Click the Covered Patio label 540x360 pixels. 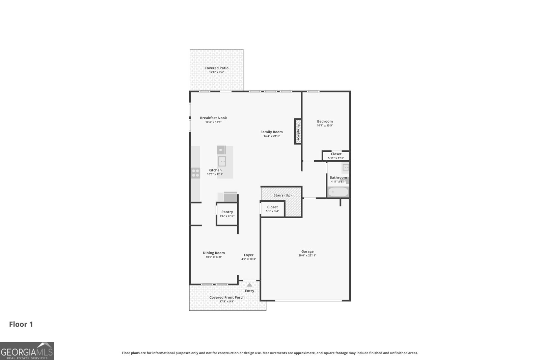point(216,68)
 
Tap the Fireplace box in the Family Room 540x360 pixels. point(298,132)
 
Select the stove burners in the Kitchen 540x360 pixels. point(195,173)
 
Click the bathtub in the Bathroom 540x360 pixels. point(338,192)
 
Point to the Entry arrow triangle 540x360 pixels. point(249,285)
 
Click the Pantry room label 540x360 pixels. point(227,212)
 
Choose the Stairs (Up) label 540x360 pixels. point(282,195)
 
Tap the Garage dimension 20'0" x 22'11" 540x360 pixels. point(307,256)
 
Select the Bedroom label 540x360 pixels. point(325,121)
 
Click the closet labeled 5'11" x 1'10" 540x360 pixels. point(336,156)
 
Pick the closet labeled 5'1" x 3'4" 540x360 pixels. point(272,209)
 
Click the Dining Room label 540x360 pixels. point(214,253)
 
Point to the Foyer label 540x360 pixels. point(248,255)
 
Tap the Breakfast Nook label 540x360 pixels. point(213,118)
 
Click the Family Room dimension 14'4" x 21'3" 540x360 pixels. point(271,136)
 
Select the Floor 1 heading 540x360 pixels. point(21,324)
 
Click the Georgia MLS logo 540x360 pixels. point(27,351)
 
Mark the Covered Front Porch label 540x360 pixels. point(227,297)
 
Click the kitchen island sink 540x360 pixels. point(222,161)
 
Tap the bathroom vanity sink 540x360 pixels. point(346,167)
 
